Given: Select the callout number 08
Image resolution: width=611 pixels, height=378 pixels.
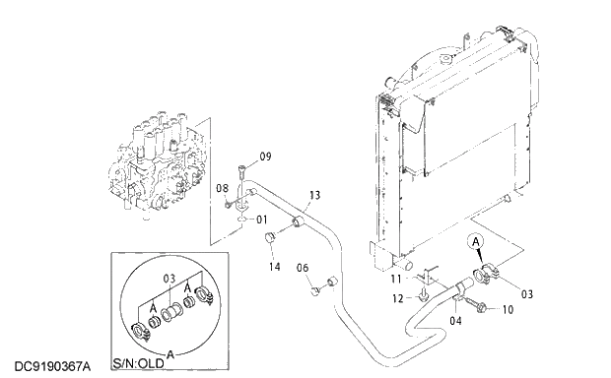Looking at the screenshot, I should (222, 187).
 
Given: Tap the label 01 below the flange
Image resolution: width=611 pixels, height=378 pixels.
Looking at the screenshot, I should (262, 220).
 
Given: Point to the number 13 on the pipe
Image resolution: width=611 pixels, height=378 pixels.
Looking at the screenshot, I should (315, 195).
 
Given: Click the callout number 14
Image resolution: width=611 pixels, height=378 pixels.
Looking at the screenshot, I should (274, 267).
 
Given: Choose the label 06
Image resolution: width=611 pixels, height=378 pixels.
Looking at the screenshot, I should (304, 268).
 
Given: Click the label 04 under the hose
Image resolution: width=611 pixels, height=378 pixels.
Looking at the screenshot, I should (456, 319).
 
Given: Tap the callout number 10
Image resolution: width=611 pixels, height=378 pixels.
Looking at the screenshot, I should (508, 309).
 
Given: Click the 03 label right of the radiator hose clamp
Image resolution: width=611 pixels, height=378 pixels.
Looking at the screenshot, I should (526, 293).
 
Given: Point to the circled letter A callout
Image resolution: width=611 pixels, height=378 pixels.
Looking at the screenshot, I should (475, 239).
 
